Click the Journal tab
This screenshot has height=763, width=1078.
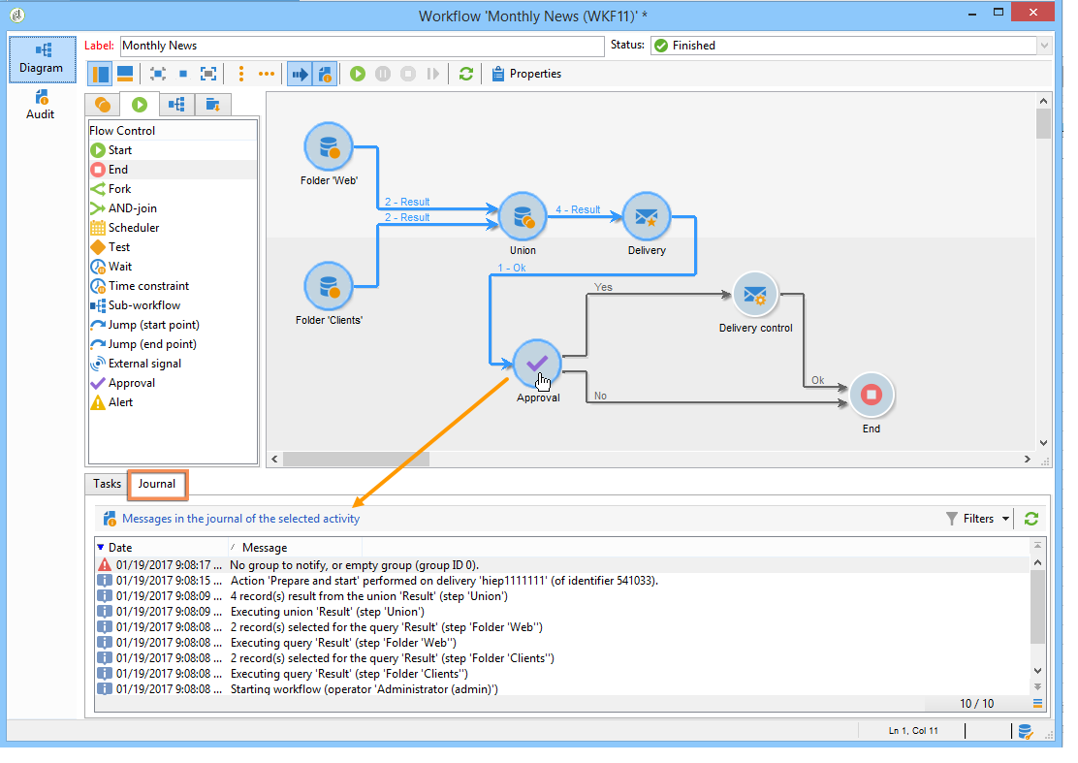157,484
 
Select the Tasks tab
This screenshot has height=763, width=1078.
107,484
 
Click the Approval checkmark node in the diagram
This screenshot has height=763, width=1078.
537,364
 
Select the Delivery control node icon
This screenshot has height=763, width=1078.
755,294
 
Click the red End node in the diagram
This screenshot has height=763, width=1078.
871,395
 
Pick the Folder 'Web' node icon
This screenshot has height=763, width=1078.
328,146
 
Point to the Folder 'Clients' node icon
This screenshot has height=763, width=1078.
328,286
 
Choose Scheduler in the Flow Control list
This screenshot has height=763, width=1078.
134,228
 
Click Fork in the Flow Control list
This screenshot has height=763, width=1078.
119,189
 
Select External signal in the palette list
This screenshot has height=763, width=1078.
144,364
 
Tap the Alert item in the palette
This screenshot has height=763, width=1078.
120,402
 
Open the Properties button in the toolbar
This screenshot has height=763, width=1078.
526,74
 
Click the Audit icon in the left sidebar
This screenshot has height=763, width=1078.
41,105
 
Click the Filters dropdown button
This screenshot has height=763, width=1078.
978,519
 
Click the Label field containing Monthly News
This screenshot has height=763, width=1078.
361,46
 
